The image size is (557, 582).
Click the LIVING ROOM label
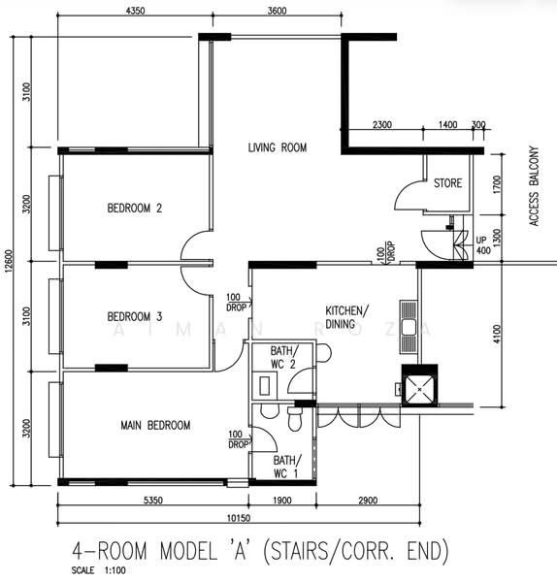(x=278, y=147)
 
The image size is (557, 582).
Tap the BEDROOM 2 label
(x=135, y=208)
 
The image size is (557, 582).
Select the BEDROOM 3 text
(x=135, y=316)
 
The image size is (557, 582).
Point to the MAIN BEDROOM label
(x=155, y=425)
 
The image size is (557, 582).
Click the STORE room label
(x=447, y=183)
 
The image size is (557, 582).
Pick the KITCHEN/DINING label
(x=346, y=317)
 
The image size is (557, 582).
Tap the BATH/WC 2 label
(x=284, y=357)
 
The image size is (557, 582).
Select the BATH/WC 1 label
(x=287, y=467)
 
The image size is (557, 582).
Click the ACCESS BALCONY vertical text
(x=534, y=186)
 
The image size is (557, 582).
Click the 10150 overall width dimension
(x=239, y=518)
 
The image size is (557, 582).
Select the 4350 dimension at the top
(x=135, y=11)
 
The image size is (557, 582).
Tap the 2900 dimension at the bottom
(x=368, y=501)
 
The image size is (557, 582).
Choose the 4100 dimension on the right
(x=497, y=334)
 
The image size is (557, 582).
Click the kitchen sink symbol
(x=409, y=327)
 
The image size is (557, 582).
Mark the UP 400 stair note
(x=483, y=245)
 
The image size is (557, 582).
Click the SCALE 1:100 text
(x=99, y=570)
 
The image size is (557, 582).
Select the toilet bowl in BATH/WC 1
(x=295, y=419)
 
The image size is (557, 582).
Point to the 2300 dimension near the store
(x=382, y=124)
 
